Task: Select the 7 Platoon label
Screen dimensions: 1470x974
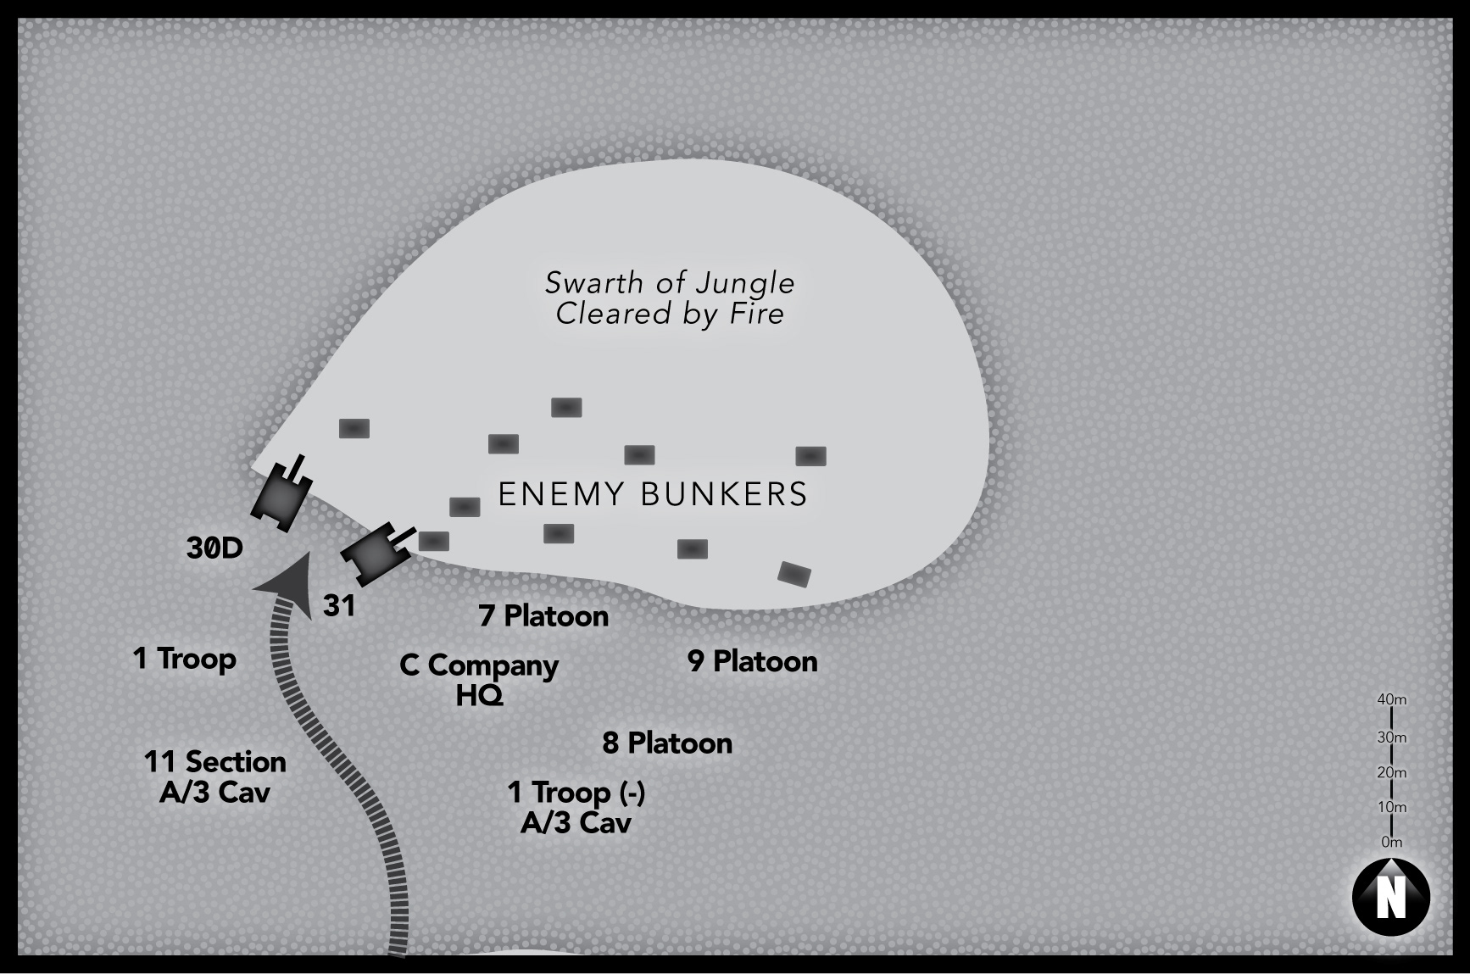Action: point(543,616)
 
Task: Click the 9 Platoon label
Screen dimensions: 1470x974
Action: point(753,661)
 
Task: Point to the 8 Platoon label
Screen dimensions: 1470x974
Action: point(667,743)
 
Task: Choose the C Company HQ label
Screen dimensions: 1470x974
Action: point(479,680)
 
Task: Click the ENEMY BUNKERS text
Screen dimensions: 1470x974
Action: point(653,494)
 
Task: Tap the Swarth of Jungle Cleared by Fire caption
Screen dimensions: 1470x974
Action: point(670,298)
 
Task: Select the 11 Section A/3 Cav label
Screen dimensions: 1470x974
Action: point(215,776)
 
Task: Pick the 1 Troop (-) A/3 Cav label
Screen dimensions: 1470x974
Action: point(576,807)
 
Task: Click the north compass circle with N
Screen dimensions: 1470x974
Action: point(1390,898)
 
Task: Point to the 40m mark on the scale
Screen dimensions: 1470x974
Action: point(1392,700)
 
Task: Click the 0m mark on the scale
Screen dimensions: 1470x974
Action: point(1392,843)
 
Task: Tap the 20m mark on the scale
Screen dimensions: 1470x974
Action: point(1392,772)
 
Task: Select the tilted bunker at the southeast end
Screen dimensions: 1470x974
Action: point(794,574)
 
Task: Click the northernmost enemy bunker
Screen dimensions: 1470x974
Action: point(566,408)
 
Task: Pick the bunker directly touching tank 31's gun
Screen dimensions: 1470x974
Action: point(434,541)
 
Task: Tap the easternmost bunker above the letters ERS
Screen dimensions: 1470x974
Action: point(810,456)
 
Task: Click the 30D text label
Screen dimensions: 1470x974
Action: point(214,548)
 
